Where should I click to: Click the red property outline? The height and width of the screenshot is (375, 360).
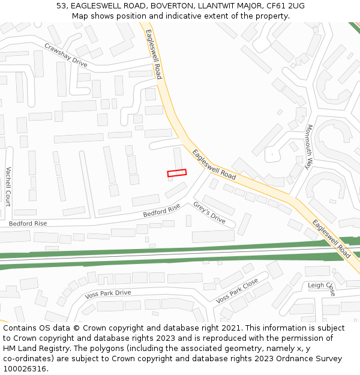[176, 173]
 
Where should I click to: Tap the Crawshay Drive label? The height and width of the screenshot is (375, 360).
[66, 55]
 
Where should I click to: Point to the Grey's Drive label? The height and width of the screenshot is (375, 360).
[209, 212]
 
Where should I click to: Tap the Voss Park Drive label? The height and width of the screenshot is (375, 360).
[108, 293]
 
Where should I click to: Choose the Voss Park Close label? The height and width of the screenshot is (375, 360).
[237, 290]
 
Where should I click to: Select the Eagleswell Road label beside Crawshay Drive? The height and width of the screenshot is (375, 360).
[154, 54]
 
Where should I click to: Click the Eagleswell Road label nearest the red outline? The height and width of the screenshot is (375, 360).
[214, 164]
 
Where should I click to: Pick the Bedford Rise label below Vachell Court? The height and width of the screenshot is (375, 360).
[28, 223]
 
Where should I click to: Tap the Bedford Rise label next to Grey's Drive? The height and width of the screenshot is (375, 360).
[161, 211]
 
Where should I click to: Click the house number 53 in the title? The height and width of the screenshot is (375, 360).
[62, 5]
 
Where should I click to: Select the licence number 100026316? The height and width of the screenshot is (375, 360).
[25, 369]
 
